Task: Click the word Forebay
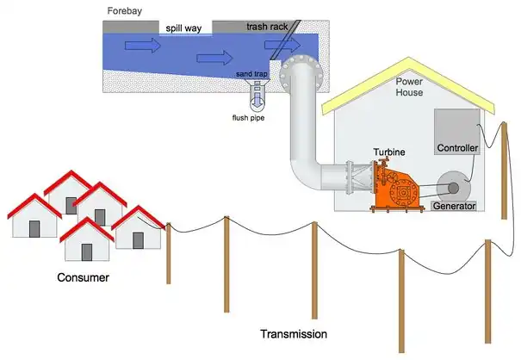pyautogui.click(x=126, y=11)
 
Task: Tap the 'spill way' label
pyautogui.click(x=183, y=28)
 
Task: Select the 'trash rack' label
pyautogui.click(x=267, y=28)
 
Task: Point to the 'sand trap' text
pyautogui.click(x=256, y=75)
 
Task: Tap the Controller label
pyautogui.click(x=457, y=148)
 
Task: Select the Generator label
pyautogui.click(x=455, y=206)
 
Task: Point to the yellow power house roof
pyautogui.click(x=413, y=65)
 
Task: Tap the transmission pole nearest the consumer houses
pyautogui.click(x=169, y=253)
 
